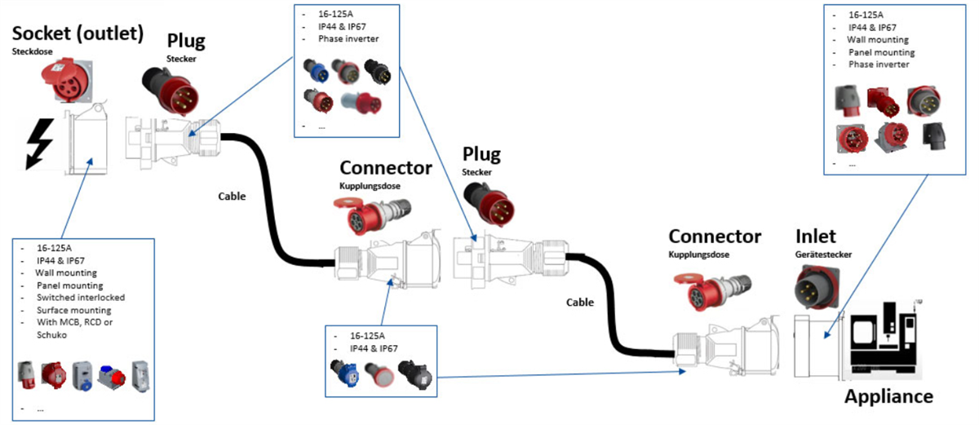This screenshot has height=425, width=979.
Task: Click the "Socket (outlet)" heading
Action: click(x=78, y=33)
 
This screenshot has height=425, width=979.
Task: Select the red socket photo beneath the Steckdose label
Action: click(x=65, y=82)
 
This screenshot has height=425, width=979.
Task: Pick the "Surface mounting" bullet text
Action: click(x=73, y=310)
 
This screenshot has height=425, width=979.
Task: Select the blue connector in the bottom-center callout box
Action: click(x=343, y=374)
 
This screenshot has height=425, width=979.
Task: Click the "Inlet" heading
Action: click(x=816, y=237)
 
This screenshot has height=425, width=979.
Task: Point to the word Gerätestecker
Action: click(x=823, y=255)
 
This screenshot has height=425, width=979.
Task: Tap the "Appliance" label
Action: click(x=888, y=397)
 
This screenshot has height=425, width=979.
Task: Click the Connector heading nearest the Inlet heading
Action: click(x=714, y=237)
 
